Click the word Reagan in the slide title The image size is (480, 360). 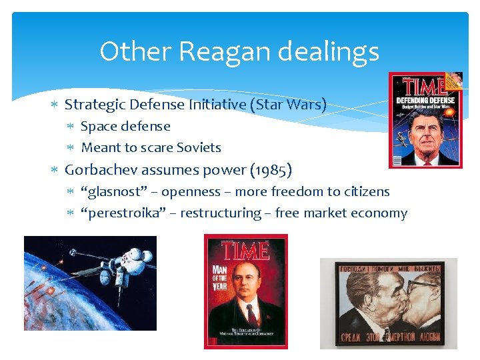pyautogui.click(x=218, y=51)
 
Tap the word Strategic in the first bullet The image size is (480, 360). pyautogui.click(x=94, y=105)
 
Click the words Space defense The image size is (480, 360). pyautogui.click(x=125, y=126)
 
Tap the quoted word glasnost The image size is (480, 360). pyautogui.click(x=105, y=192)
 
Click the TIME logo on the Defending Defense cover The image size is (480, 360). pyautogui.click(x=423, y=87)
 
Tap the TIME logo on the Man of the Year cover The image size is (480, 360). pyautogui.click(x=245, y=251)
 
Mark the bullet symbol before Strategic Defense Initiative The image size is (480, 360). pyautogui.click(x=57, y=105)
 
